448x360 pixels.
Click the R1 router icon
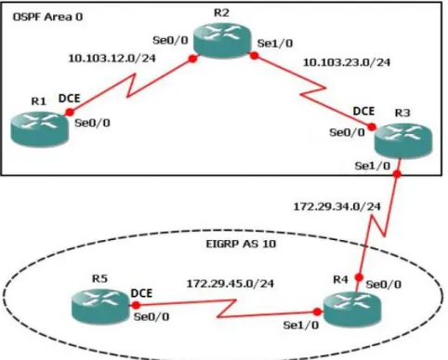[40, 129]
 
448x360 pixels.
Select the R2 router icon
[222, 41]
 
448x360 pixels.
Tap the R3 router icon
[403, 141]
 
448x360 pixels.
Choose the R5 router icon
[100, 306]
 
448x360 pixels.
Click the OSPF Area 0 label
[47, 17]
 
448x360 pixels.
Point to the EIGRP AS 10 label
[241, 244]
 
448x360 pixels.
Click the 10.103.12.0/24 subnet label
[112, 58]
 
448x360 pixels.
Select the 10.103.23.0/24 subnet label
[347, 62]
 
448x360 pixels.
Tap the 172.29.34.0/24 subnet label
[337, 207]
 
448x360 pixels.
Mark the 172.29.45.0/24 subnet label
[231, 284]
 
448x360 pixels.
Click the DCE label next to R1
[70, 99]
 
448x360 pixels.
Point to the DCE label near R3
[363, 111]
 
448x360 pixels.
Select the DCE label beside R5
[141, 293]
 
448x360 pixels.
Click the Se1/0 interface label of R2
[275, 44]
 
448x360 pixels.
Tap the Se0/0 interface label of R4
[384, 285]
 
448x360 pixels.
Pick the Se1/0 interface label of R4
[301, 325]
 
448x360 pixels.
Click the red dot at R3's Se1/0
[397, 174]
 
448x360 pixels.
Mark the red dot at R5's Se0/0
[136, 305]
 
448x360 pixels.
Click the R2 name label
[222, 13]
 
